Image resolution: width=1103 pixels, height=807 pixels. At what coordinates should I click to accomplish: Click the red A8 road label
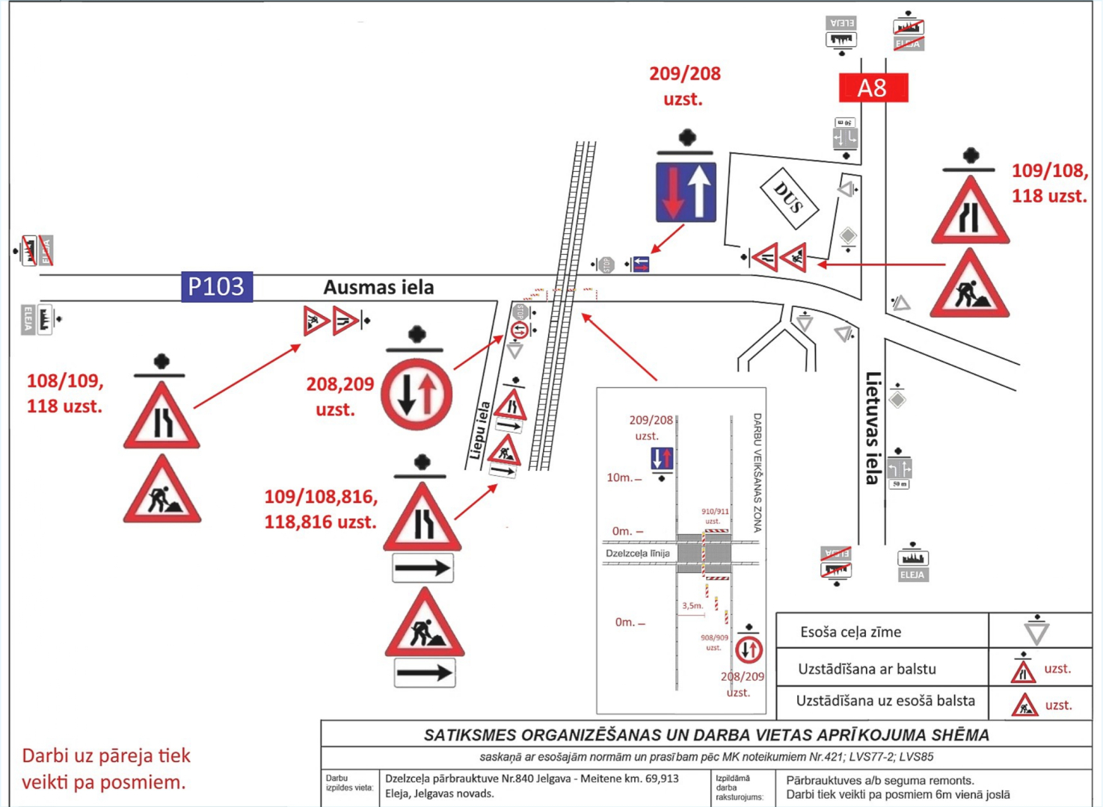pos(873,88)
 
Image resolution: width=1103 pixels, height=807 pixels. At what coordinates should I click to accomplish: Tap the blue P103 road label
pos(216,287)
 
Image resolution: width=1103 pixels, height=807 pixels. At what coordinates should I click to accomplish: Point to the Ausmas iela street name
pos(378,288)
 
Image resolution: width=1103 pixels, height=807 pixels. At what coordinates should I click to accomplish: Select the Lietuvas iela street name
pos(873,427)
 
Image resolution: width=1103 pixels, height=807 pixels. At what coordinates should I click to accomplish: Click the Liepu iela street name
pos(479,430)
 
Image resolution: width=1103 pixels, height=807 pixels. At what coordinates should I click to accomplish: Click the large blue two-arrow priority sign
pos(686,192)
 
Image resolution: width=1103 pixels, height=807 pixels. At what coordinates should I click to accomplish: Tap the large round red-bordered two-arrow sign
pos(417,394)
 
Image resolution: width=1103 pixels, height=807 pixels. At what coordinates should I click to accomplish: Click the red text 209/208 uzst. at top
pos(684,86)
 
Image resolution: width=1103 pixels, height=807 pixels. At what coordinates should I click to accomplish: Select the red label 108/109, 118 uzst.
pos(65,393)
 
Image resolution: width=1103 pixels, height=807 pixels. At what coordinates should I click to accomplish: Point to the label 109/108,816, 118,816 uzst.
pos(320,509)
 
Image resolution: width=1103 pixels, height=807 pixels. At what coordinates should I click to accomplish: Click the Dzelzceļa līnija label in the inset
pos(637,554)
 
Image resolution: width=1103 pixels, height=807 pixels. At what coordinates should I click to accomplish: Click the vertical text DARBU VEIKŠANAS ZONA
pos(757,472)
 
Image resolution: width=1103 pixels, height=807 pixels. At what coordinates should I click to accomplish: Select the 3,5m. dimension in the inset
pos(692,606)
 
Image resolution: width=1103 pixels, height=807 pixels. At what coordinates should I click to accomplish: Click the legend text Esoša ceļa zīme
pos(850,632)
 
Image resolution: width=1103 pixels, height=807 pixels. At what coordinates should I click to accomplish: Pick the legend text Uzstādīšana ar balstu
pos(867,669)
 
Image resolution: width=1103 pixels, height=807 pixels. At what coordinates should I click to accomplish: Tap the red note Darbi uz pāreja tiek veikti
pos(106,769)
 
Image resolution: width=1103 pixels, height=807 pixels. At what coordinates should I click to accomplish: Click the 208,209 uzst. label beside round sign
pos(339,396)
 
